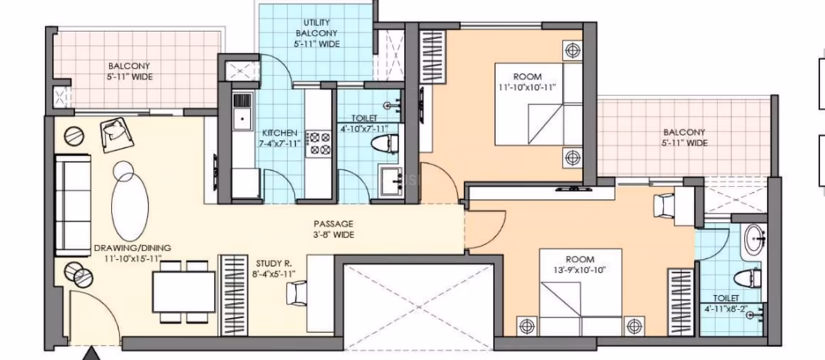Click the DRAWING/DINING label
(132, 248)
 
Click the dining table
(183, 292)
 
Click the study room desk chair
(297, 293)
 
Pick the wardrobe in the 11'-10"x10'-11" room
(432, 55)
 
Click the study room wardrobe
(233, 295)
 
